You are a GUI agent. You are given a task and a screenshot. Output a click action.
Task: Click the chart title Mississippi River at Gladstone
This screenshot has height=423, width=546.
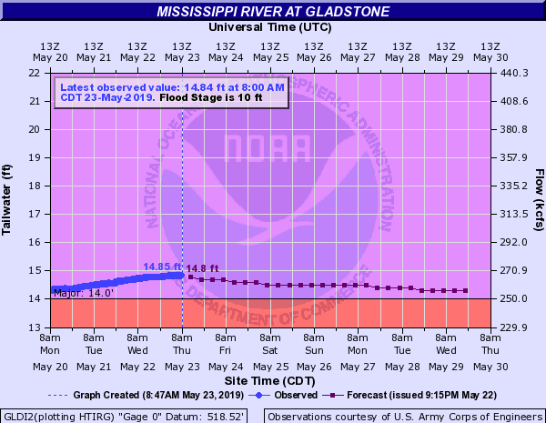(273, 12)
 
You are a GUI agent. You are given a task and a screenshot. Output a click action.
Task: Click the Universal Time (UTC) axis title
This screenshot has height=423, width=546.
(272, 27)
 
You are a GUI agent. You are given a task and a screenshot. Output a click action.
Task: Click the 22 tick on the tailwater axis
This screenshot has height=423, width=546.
(34, 73)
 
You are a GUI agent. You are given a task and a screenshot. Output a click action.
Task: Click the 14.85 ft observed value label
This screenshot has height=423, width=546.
(162, 267)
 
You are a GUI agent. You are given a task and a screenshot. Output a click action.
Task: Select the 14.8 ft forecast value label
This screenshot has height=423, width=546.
(203, 267)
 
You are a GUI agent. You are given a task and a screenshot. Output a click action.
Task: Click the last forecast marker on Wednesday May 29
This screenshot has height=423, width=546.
(466, 291)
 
